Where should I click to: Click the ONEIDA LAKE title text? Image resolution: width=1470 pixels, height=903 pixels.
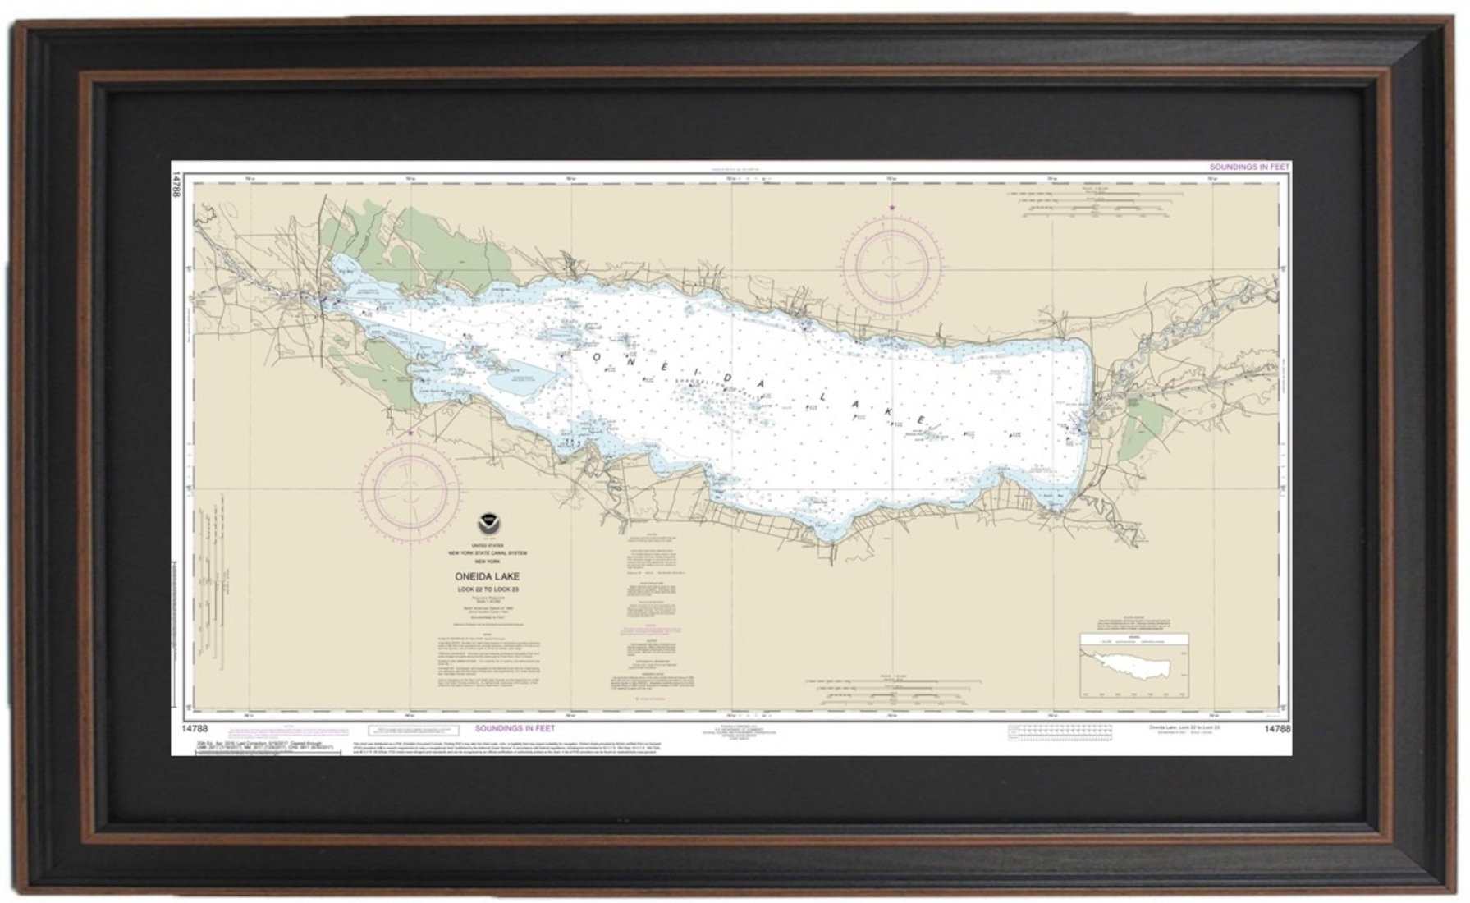click(488, 577)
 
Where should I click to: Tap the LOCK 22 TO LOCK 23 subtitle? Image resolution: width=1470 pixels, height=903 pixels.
click(488, 589)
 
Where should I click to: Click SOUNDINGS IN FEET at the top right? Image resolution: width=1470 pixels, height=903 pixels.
click(1249, 167)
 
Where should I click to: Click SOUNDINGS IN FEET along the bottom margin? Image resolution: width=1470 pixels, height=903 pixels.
click(515, 728)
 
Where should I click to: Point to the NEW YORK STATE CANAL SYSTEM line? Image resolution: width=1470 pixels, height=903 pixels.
click(488, 553)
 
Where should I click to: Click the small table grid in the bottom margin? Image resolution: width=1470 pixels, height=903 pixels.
click(1058, 731)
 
